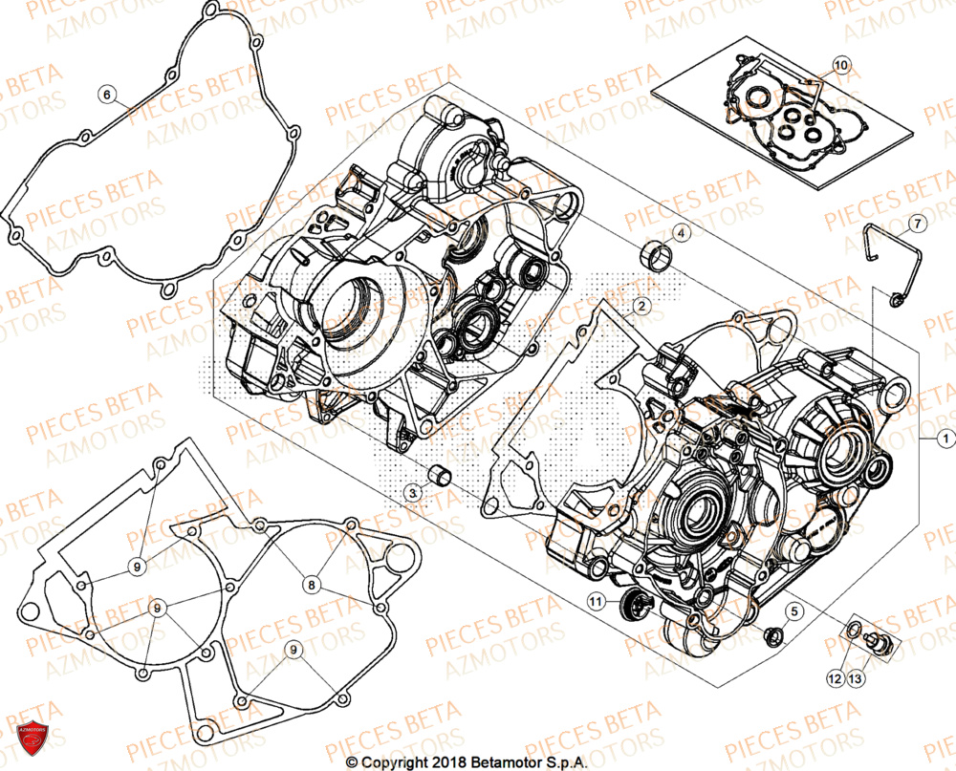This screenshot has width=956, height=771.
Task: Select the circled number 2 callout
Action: click(x=641, y=306)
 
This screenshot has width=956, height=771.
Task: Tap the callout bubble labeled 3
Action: click(x=412, y=492)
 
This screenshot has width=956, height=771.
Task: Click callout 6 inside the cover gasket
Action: click(x=107, y=94)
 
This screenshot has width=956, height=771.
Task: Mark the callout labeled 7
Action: click(x=916, y=224)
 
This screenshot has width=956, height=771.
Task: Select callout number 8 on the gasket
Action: click(x=312, y=582)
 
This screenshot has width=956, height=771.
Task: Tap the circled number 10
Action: click(x=839, y=65)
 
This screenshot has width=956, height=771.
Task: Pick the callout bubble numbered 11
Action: click(x=597, y=601)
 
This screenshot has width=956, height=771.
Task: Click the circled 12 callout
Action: click(x=835, y=677)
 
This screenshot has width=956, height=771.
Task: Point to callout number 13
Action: click(x=855, y=677)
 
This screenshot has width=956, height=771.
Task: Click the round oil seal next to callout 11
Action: click(x=632, y=603)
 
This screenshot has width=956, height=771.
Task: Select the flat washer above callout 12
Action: click(x=847, y=631)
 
